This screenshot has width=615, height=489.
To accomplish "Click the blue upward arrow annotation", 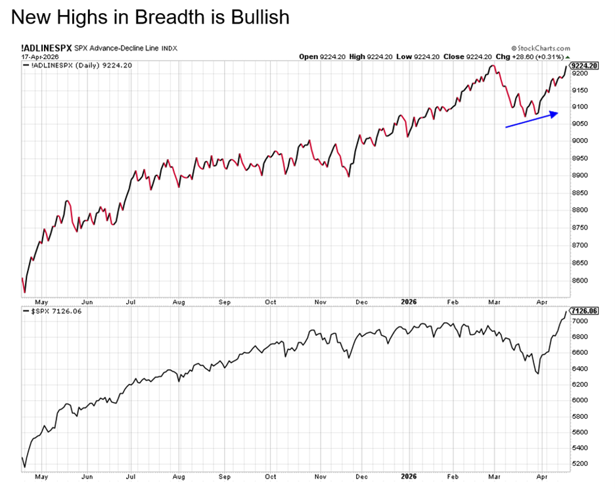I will tap(532, 119).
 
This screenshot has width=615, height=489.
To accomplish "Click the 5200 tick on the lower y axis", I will tap(580, 463).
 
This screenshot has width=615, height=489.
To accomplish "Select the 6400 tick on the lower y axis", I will tap(580, 368).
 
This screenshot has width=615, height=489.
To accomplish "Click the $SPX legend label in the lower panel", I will tap(39, 311).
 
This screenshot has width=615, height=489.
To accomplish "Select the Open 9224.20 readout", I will tap(318, 57).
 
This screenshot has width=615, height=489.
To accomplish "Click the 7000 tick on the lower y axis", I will tap(580, 321).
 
